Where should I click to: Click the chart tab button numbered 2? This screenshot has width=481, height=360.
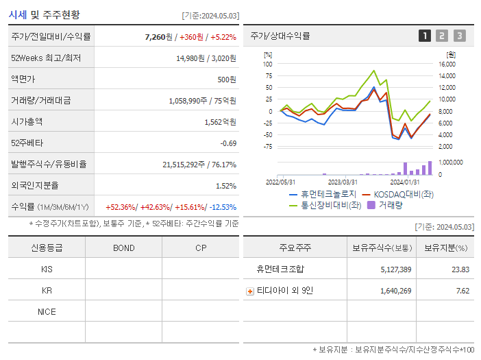click(442, 36)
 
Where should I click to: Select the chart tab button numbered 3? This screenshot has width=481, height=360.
click(459, 36)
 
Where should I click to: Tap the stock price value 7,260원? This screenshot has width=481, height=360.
click(158, 36)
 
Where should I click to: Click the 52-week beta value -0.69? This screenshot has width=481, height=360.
click(228, 143)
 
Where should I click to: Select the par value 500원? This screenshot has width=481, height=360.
click(225, 80)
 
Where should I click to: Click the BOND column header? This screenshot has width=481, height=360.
click(123, 248)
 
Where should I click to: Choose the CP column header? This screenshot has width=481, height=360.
click(201, 248)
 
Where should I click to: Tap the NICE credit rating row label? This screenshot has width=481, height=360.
click(47, 311)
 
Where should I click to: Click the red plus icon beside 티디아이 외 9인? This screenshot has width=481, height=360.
click(250, 291)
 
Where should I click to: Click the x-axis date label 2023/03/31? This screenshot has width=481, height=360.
click(343, 182)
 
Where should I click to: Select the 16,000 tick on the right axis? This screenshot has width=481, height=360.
click(445, 64)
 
